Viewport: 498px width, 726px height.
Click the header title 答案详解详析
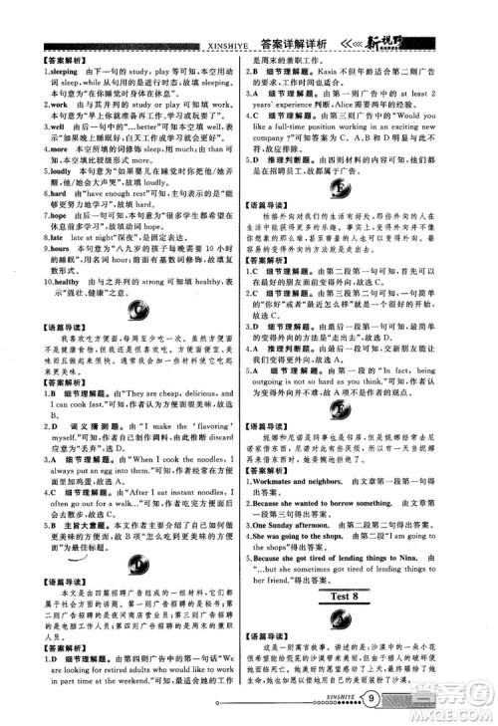click(295, 43)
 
